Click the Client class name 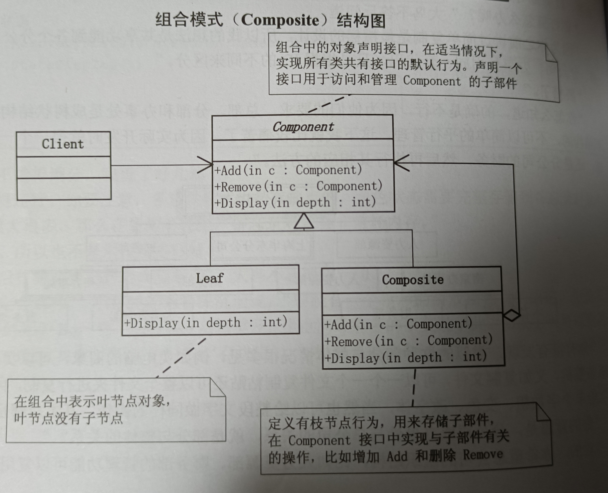pos(63,144)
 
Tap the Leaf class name pos(210,278)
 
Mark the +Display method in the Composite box pos(406,358)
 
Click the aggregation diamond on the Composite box pos(512,315)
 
